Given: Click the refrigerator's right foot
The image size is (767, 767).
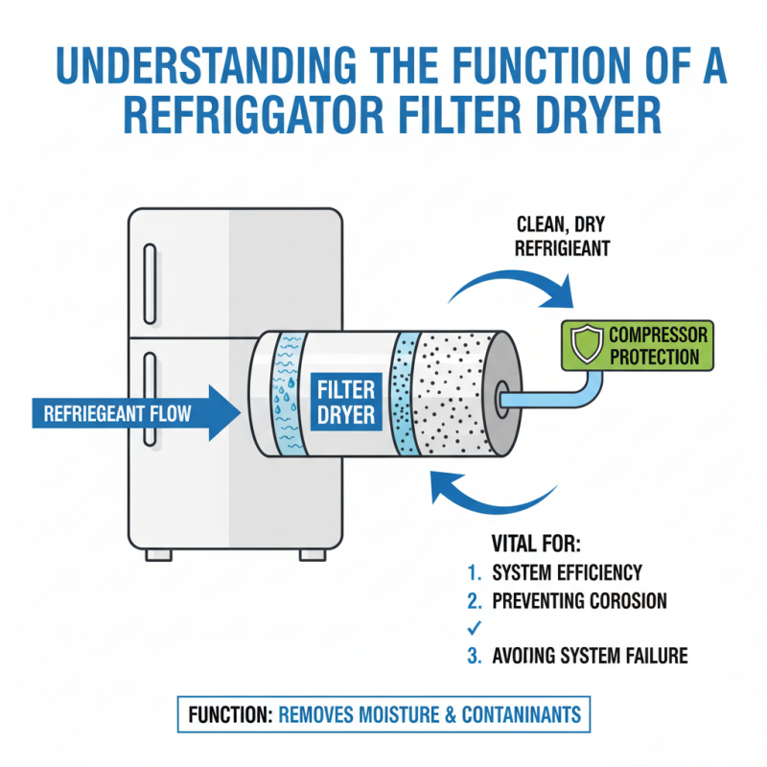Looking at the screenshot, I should (312, 554).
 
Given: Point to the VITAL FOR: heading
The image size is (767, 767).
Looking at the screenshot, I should (536, 544).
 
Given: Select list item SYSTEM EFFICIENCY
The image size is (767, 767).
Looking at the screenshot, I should (566, 572).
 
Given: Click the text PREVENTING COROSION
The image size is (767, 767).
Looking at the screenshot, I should (578, 601).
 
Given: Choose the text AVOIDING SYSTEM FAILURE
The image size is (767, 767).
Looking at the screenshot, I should (589, 657).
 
